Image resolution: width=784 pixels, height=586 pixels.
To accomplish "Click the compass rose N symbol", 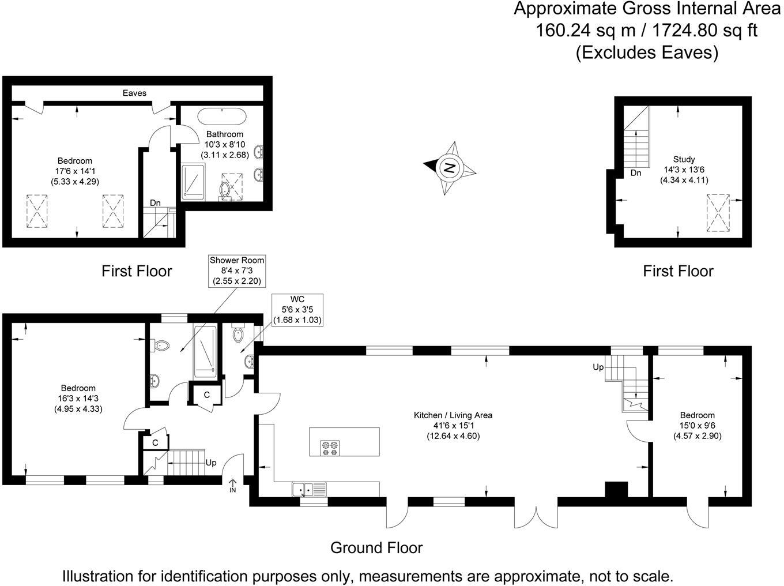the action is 450,168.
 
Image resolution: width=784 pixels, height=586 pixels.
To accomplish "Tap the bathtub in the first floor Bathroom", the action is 222,116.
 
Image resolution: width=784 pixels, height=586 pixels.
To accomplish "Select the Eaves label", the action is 134,93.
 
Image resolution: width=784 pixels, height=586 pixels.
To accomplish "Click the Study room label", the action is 684,159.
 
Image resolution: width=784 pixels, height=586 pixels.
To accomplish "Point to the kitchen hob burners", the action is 330,448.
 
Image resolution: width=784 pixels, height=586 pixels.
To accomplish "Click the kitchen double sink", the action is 310,489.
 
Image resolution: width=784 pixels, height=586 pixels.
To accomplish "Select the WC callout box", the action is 297,310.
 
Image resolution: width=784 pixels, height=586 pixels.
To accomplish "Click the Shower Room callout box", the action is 237,271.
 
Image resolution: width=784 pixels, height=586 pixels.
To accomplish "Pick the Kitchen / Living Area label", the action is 453,415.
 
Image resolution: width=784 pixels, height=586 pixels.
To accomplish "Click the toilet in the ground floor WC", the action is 238,333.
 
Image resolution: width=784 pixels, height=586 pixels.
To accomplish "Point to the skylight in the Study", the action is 718,213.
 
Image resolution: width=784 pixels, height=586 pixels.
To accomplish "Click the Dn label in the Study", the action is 636,173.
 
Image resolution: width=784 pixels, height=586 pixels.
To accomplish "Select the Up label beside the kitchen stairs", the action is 598,367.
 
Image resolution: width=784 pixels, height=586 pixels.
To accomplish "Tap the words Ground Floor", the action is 376,547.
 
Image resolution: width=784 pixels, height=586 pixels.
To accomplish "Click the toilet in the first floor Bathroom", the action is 225,191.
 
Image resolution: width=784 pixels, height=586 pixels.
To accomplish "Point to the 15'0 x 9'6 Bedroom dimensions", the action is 697,426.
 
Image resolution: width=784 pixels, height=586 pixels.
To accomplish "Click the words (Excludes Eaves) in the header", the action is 647,52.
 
